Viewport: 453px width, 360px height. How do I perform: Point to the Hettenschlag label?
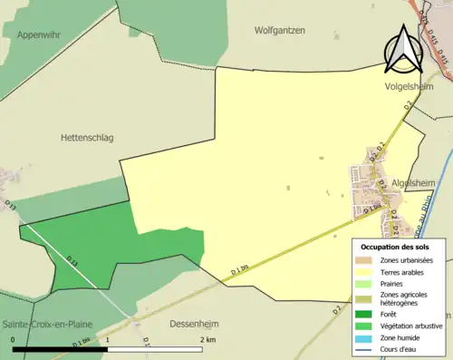pos(87,137)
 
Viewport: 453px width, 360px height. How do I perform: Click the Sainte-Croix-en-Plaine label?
pos(50,324)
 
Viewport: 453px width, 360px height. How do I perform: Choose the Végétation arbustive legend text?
pos(413,326)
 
